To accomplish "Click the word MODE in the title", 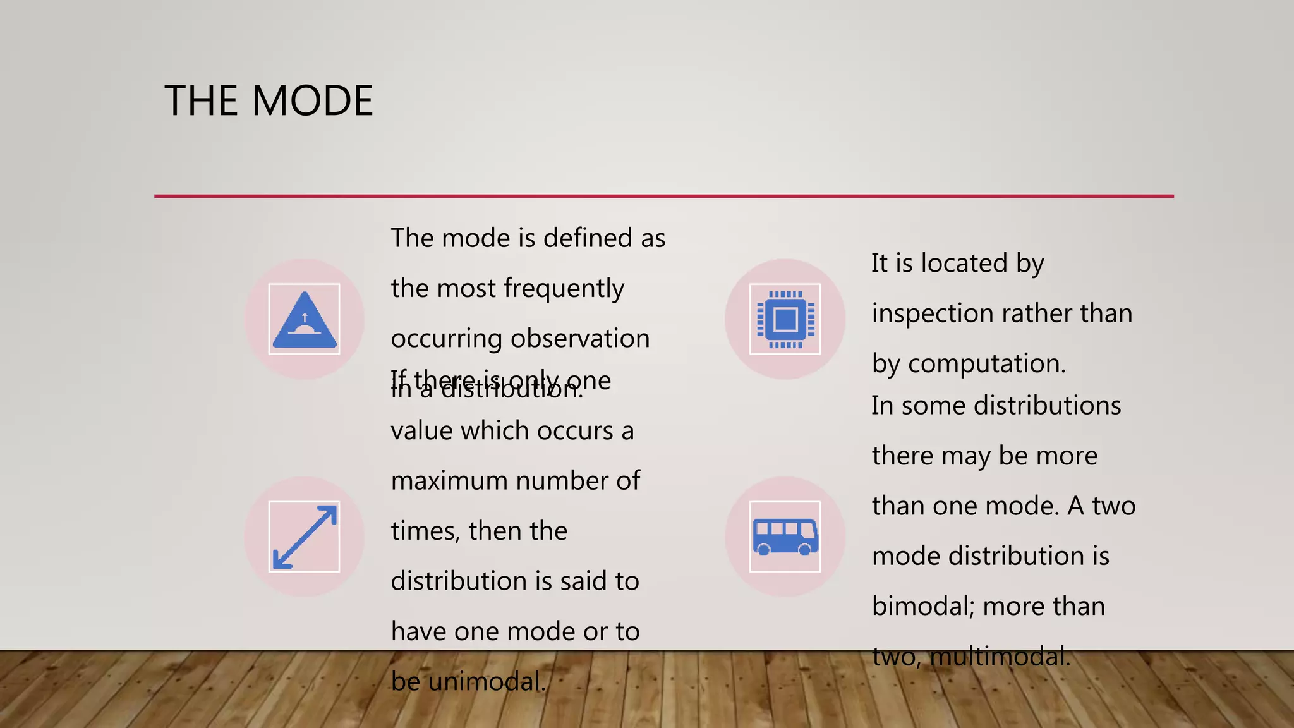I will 312,100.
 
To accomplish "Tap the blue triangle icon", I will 304,321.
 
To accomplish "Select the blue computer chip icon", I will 785,319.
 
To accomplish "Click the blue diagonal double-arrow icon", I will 304,537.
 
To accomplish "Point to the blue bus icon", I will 785,537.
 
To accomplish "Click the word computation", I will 987,364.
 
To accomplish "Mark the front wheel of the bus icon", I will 805,550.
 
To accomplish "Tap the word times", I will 425,531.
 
